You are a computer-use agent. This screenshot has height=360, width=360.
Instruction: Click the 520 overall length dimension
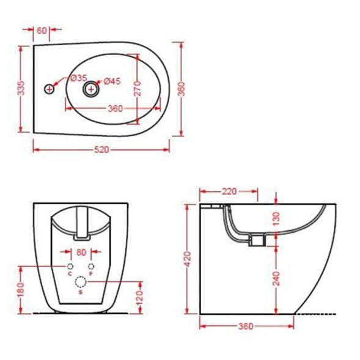(101, 149)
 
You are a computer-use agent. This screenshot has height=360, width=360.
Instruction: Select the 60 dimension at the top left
(42, 29)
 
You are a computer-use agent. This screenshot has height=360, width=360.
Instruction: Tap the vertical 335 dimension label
(20, 89)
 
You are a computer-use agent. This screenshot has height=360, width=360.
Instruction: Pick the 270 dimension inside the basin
(138, 89)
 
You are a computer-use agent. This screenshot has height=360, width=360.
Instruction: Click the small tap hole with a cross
(50, 89)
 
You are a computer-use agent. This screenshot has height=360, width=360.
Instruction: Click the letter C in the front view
(69, 274)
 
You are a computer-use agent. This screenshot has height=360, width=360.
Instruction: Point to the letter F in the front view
(91, 274)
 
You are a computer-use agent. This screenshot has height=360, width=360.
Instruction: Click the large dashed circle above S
(80, 282)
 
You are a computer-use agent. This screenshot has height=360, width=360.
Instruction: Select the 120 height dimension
(141, 297)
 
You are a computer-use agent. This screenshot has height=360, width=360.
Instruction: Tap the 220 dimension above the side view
(229, 191)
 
